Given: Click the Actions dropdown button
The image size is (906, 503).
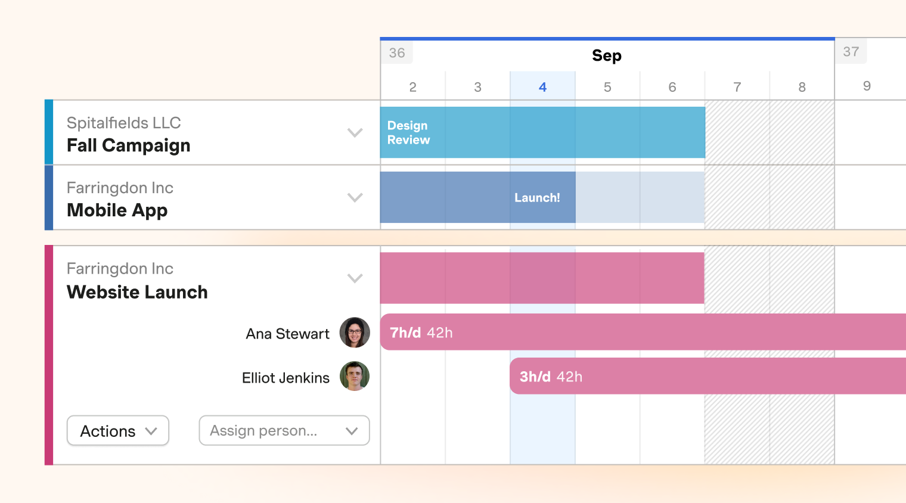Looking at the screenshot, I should tap(117, 431).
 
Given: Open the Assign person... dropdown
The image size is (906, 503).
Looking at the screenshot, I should tap(284, 431).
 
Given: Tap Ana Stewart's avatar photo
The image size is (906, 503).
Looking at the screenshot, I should tap(355, 333).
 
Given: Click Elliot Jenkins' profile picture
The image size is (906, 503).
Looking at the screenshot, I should tap(355, 377).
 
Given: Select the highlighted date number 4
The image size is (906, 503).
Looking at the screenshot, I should tap(542, 87).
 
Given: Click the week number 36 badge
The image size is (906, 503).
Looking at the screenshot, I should tap(397, 53).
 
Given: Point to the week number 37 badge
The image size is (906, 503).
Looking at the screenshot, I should tap(851, 52).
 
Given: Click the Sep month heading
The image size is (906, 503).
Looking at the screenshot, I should tap(607, 55).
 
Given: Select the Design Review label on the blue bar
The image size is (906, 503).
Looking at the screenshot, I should tap(408, 133).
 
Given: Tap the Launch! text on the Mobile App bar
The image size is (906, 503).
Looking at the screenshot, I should tap(537, 198).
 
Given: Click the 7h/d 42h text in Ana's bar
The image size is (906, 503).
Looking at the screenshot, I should tap(421, 333).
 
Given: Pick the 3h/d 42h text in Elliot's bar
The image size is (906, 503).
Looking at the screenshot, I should tap(551, 377).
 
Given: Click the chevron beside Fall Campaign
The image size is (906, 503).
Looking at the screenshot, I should tap(355, 132).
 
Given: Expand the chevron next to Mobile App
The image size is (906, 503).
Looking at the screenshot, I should tap(355, 197).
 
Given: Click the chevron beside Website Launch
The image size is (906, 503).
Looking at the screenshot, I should tap(355, 278).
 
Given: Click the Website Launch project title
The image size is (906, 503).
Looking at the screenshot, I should tap(137, 292).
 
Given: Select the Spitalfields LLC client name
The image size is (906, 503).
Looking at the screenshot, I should tap(123, 123).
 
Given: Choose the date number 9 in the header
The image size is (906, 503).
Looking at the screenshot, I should tap(867, 86).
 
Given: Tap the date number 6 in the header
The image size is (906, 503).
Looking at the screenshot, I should tap(672, 87).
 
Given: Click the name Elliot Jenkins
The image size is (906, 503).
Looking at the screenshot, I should tap(286, 378).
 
